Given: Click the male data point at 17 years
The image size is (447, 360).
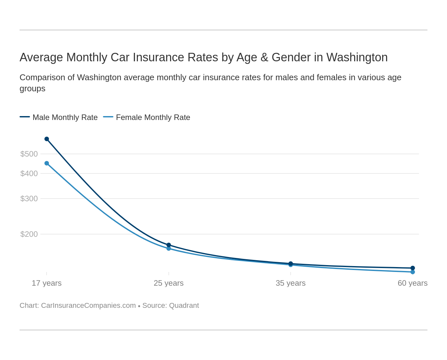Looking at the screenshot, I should [x=47, y=139].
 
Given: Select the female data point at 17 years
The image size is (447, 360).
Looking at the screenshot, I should [x=47, y=163].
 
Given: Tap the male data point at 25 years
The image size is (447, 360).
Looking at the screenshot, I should [x=169, y=245].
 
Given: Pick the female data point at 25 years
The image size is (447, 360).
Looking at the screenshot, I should [x=169, y=248].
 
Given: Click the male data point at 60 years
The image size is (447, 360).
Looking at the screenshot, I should [x=412, y=268].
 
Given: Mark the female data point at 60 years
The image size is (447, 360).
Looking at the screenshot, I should [x=412, y=272].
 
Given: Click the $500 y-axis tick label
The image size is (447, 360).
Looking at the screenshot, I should [x=29, y=154].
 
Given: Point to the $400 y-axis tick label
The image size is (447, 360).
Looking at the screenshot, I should [x=29, y=173].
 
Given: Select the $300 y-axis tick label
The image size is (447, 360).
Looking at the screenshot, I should [x=29, y=199].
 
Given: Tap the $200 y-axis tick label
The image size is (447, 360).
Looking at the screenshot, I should [x=29, y=234].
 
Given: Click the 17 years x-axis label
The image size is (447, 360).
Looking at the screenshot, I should [x=47, y=283].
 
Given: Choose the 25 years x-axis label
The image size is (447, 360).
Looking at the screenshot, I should [x=169, y=283].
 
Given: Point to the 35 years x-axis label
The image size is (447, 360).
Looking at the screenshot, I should [x=291, y=283].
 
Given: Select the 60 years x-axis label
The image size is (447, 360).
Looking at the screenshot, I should [x=412, y=283].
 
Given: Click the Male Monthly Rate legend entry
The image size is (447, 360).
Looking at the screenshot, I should [x=65, y=117].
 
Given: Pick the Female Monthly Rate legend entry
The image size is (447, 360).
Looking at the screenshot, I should [x=153, y=117].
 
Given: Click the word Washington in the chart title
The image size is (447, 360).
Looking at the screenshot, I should [x=357, y=57].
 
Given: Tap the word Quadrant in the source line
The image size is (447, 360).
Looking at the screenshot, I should [x=184, y=306].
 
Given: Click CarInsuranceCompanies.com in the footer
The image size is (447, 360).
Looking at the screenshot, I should [x=88, y=306].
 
